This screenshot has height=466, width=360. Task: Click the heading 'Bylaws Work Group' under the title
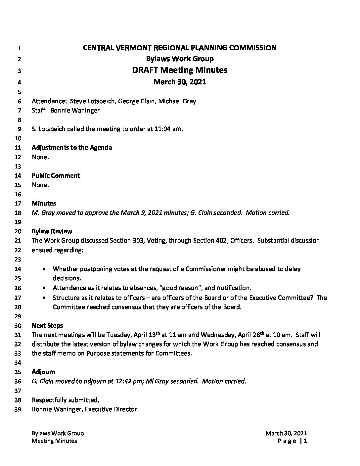point(180,59)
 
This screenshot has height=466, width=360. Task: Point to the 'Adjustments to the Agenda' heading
point(72,148)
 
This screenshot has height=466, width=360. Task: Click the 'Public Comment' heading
point(56,175)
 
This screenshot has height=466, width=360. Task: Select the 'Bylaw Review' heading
point(52,231)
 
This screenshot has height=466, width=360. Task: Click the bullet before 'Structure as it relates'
point(44,298)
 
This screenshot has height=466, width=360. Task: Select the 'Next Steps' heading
point(47,325)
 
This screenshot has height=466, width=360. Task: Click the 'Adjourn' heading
point(43,372)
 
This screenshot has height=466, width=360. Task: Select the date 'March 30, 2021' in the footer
point(286,433)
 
